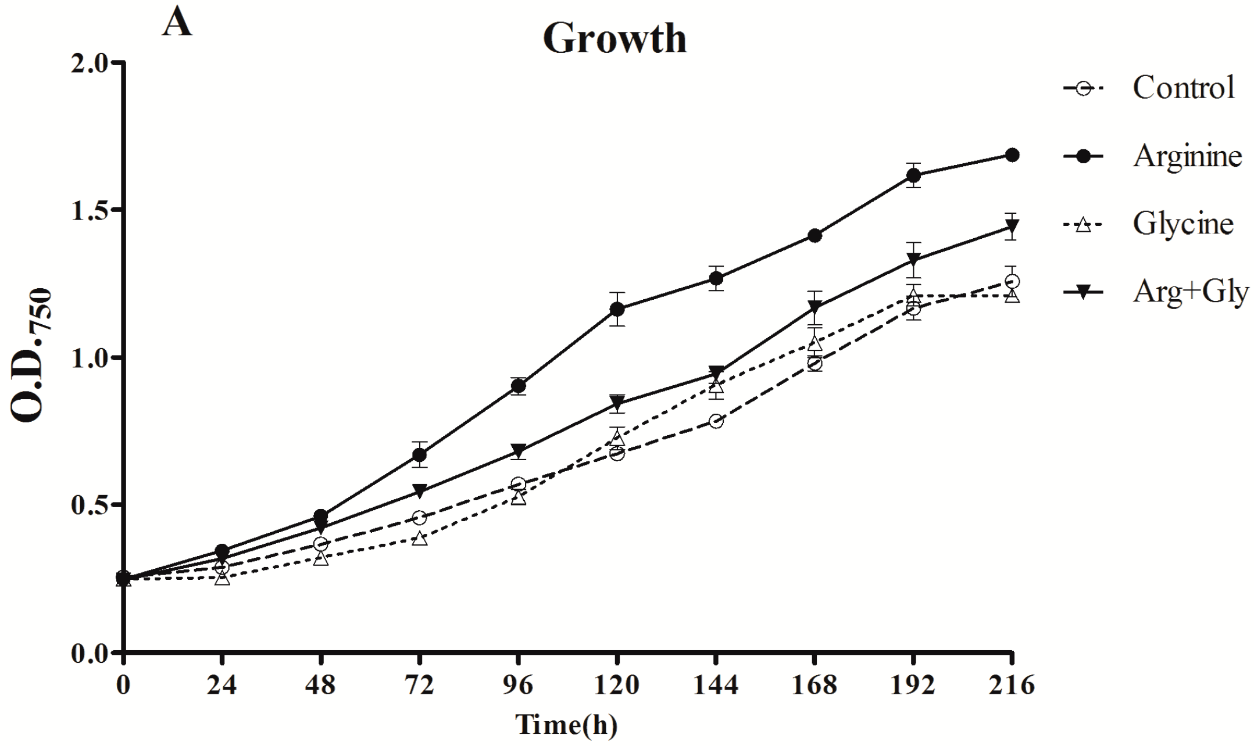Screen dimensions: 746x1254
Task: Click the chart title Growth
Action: click(x=615, y=38)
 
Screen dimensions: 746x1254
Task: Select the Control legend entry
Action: click(x=1183, y=88)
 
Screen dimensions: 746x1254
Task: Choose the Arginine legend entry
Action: click(x=1187, y=156)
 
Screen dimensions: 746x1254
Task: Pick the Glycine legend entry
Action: click(x=1182, y=224)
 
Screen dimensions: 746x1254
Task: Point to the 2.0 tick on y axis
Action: click(x=90, y=62)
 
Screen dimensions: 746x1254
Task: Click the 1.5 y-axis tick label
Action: click(x=90, y=210)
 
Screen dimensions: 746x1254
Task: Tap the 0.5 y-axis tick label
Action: click(x=90, y=505)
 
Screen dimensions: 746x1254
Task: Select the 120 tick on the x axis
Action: click(x=616, y=685)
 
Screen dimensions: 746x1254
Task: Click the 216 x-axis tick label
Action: click(x=1012, y=685)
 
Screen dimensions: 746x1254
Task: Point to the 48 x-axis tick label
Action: click(x=320, y=685)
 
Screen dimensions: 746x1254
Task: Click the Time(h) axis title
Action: click(x=566, y=725)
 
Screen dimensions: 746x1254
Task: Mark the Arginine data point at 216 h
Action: click(x=1012, y=155)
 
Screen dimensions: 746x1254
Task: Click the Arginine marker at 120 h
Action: click(x=617, y=309)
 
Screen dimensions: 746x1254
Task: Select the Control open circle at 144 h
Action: click(x=716, y=421)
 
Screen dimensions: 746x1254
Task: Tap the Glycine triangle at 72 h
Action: click(x=420, y=539)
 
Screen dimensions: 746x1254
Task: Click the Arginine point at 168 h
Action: click(x=814, y=235)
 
